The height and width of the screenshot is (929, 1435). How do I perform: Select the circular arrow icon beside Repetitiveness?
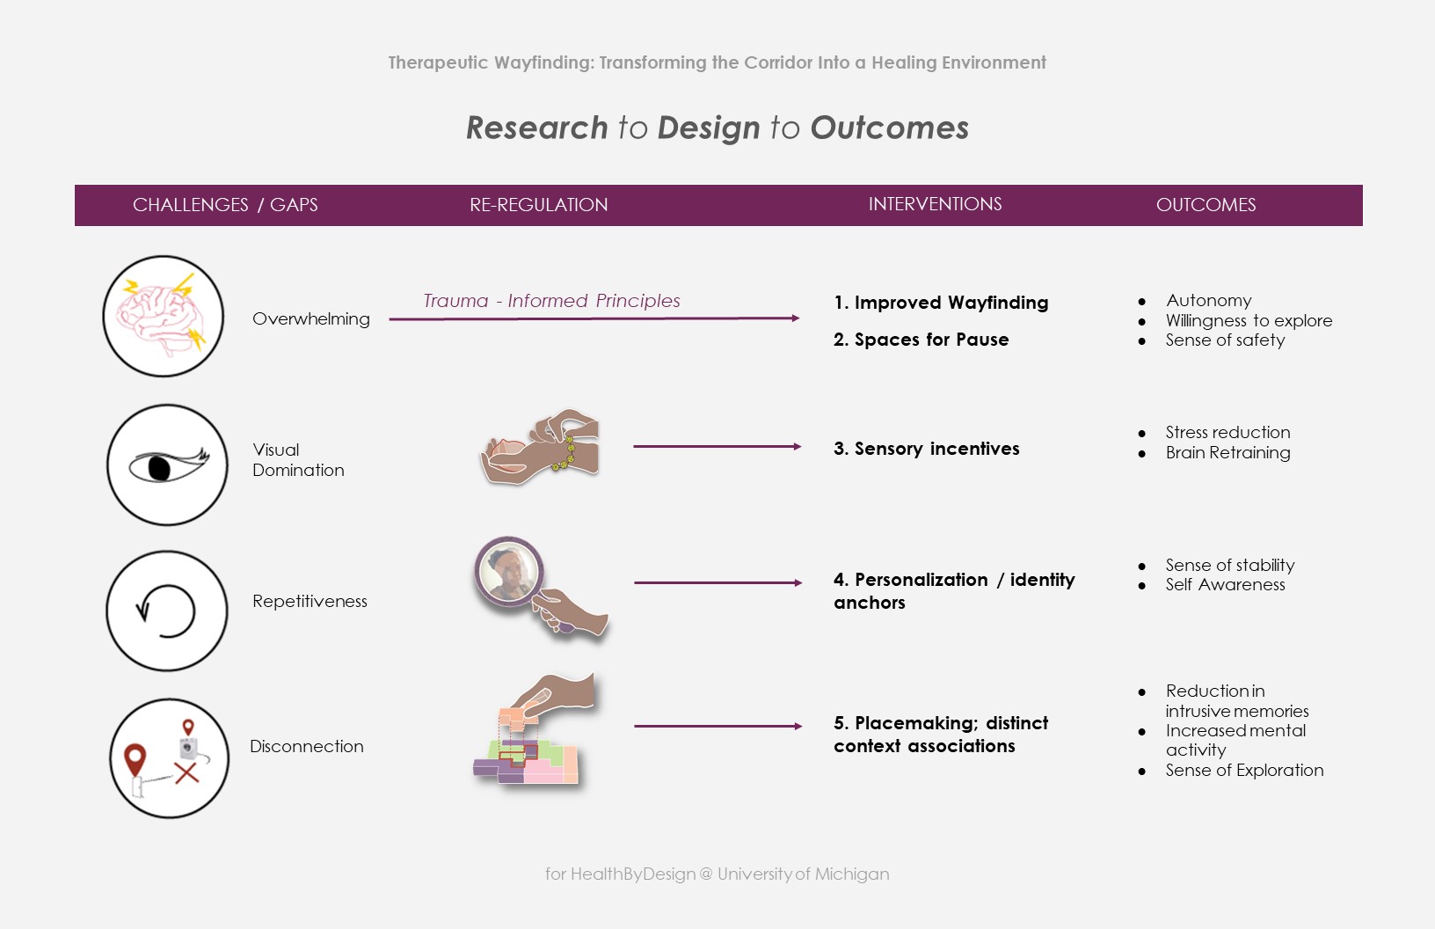(x=166, y=611)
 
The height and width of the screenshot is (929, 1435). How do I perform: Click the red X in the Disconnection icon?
(x=186, y=772)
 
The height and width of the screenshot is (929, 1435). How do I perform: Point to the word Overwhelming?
(x=310, y=318)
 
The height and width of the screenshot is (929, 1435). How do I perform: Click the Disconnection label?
(x=306, y=746)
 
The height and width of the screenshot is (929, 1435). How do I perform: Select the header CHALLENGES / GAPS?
(x=225, y=204)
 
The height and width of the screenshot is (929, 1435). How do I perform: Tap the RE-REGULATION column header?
(x=538, y=204)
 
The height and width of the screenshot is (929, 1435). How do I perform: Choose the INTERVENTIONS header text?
(x=935, y=204)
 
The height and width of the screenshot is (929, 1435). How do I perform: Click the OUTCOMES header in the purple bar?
(x=1206, y=204)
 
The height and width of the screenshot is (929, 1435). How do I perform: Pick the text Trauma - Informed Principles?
(x=551, y=300)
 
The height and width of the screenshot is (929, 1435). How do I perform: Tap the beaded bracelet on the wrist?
(x=566, y=453)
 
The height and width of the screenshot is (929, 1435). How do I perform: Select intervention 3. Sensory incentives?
(x=927, y=448)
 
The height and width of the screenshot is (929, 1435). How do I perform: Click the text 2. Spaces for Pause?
(x=921, y=340)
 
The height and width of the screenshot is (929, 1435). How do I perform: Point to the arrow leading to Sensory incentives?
(x=717, y=446)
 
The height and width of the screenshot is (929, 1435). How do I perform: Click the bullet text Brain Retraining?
(x=1227, y=453)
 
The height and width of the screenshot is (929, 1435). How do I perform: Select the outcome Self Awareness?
(x=1225, y=585)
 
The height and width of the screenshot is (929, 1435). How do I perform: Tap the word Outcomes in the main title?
(x=889, y=128)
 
